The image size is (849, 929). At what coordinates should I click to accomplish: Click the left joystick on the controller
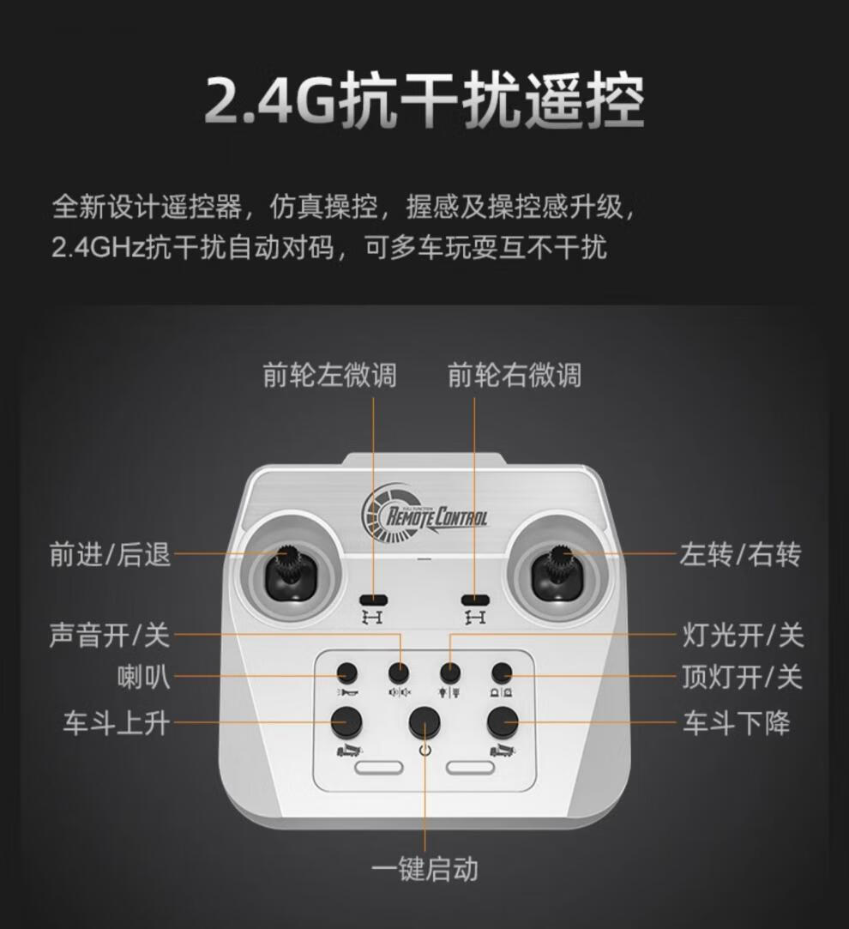(291, 573)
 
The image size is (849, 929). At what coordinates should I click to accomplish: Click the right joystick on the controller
(559, 573)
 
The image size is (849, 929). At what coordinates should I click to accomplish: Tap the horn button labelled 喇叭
(346, 673)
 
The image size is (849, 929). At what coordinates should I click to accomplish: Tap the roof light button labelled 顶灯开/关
(501, 673)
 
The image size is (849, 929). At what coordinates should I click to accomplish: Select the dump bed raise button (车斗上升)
(346, 721)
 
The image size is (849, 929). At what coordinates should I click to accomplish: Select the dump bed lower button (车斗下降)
(503, 721)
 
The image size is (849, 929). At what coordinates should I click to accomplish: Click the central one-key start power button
(424, 722)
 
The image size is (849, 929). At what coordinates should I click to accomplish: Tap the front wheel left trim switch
(374, 600)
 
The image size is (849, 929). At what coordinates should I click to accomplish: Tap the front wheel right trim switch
(475, 600)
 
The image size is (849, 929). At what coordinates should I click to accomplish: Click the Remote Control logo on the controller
(424, 512)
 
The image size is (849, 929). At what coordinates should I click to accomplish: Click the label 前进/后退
(110, 554)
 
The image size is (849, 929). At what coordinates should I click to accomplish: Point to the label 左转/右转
(740, 554)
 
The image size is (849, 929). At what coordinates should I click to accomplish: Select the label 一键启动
(424, 869)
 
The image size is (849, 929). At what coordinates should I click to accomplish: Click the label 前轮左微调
(329, 375)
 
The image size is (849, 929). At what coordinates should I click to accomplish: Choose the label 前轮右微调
(515, 375)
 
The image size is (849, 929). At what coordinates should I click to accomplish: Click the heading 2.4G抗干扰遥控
(424, 100)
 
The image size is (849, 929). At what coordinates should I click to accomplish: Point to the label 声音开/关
(110, 635)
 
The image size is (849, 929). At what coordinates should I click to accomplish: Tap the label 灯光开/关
(743, 635)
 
